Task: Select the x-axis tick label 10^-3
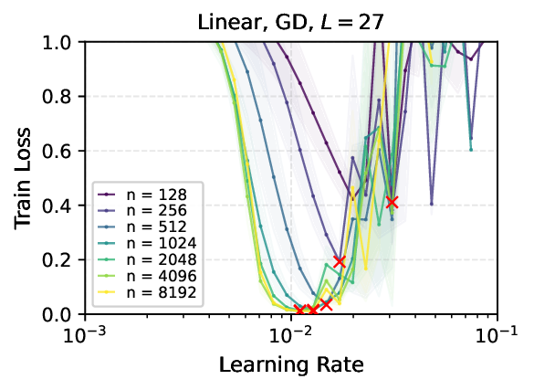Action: pyautogui.click(x=85, y=335)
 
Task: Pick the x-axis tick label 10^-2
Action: pyautogui.click(x=291, y=335)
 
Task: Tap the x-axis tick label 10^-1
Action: pyautogui.click(x=497, y=335)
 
